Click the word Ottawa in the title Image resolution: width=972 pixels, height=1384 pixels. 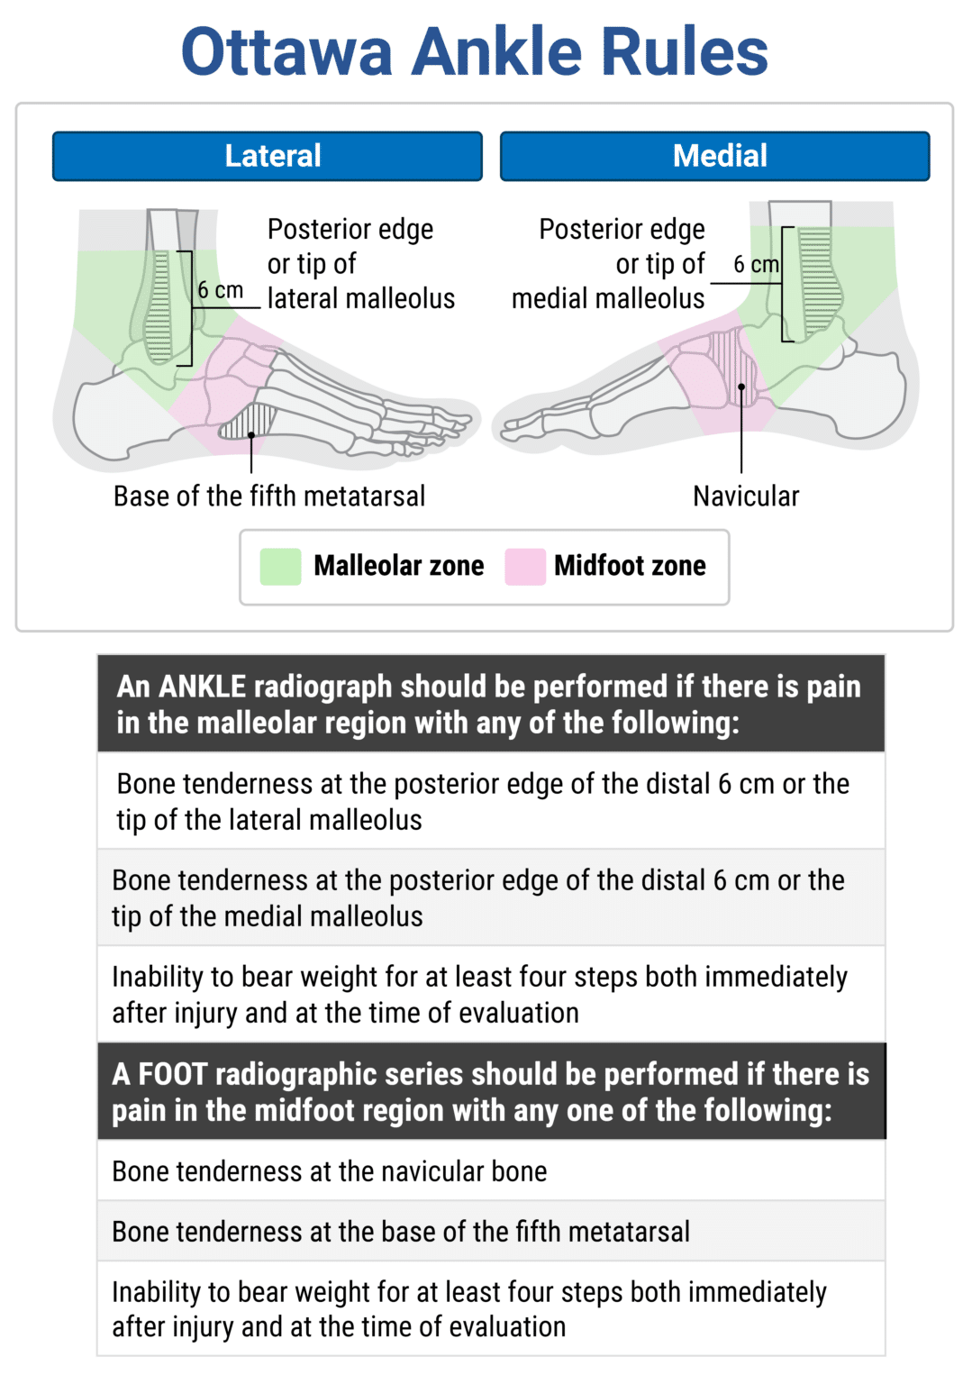tap(286, 52)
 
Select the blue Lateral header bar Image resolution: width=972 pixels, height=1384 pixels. tap(268, 156)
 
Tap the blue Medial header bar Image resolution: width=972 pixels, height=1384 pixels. tap(714, 156)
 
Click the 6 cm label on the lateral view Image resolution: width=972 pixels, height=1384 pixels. tap(221, 290)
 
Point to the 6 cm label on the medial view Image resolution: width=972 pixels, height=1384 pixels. tap(755, 264)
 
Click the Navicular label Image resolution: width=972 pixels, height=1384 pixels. tap(745, 496)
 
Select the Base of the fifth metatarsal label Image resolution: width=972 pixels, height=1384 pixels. tap(268, 496)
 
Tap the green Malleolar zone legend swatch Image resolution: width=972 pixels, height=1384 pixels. tap(280, 567)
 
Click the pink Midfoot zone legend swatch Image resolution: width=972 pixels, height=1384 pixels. tap(525, 567)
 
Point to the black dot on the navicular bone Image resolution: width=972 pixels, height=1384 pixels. tap(741, 387)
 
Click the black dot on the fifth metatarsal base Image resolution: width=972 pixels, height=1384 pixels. tap(251, 435)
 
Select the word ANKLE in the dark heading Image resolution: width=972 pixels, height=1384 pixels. tap(202, 687)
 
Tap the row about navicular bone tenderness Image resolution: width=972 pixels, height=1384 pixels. tap(491, 1171)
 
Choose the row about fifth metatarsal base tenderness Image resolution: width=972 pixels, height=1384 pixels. tap(491, 1232)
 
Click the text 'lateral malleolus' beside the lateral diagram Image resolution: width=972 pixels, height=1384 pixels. tap(360, 299)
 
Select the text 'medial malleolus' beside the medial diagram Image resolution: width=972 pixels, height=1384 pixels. tap(608, 299)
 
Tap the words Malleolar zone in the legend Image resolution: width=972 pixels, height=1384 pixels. tap(398, 567)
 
